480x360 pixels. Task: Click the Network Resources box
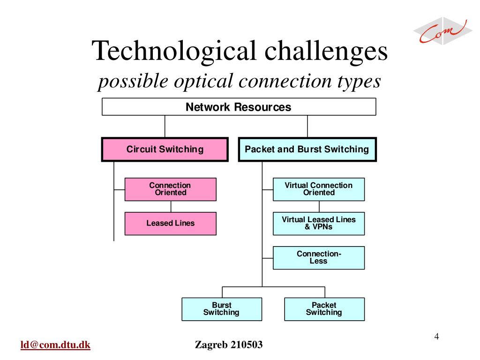tap(239, 107)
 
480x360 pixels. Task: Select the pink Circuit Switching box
tap(165, 150)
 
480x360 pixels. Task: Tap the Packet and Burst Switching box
tap(307, 150)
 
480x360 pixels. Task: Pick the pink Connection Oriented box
tap(170, 189)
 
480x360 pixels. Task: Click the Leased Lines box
tap(170, 223)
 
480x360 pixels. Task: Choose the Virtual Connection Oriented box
tap(319, 189)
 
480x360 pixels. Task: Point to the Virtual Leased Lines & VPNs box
tap(319, 223)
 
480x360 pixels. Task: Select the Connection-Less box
tap(319, 257)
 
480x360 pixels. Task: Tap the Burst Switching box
tap(222, 309)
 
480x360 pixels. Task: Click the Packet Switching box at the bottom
tap(324, 309)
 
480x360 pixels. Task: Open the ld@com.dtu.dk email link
tap(55, 345)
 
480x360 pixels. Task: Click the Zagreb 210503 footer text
tap(229, 345)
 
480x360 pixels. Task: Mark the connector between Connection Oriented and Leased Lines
tap(171, 206)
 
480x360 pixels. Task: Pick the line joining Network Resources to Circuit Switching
tap(165, 126)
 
